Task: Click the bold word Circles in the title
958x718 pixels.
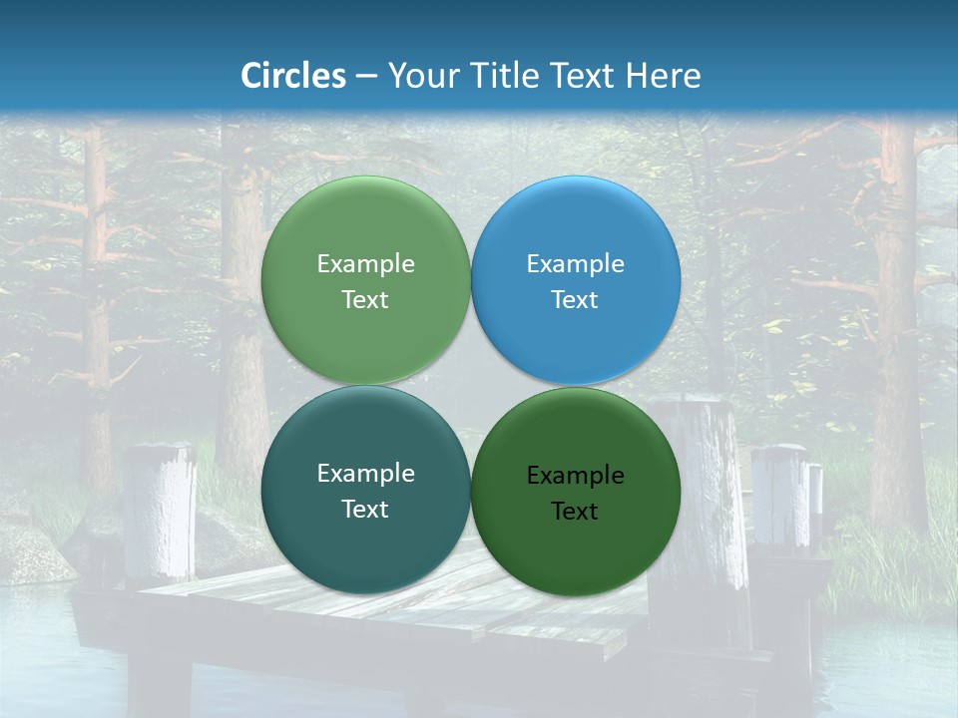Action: [x=293, y=76]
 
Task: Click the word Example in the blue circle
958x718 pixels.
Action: [x=575, y=264]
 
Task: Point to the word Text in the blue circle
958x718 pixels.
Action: [x=575, y=300]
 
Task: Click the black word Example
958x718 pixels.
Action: [x=575, y=476]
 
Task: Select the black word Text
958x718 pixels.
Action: [x=575, y=512]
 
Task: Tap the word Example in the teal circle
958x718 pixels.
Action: [x=365, y=474]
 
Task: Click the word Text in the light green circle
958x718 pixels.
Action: [x=365, y=300]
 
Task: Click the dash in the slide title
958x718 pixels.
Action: [x=366, y=77]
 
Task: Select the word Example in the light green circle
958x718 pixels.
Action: [x=365, y=264]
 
